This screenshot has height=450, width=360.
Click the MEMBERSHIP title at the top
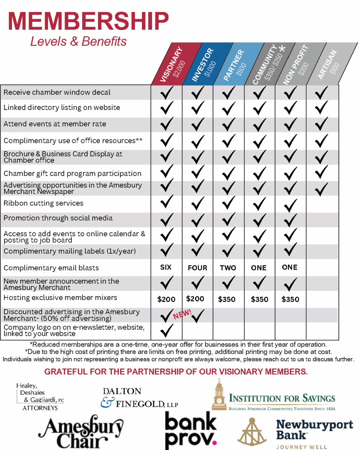(x=89, y=21)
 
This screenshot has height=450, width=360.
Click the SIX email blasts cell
(x=166, y=267)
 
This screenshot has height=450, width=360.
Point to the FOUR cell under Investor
(x=197, y=268)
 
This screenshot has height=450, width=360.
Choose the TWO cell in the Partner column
(x=228, y=268)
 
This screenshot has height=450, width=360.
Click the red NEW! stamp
(x=182, y=313)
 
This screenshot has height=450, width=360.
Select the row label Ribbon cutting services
(x=44, y=203)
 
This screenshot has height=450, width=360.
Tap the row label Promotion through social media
(x=58, y=218)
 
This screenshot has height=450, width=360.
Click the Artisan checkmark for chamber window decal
(x=322, y=92)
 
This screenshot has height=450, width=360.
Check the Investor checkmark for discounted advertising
(x=198, y=316)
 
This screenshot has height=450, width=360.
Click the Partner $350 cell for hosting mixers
(x=227, y=299)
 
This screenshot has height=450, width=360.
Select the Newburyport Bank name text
(x=315, y=430)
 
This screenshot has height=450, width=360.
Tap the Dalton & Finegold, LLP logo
(x=139, y=397)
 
